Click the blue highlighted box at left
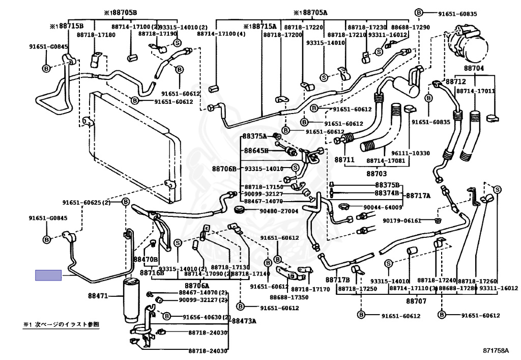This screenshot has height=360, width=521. [48, 275]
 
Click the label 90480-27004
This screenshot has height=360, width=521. [277, 211]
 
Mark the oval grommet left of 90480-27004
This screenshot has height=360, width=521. [239, 209]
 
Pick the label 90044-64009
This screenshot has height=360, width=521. [383, 207]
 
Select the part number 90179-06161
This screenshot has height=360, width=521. [402, 220]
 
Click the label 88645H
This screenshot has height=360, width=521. [256, 151]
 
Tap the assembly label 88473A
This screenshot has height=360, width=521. [244, 321]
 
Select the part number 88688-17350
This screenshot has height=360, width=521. [289, 296]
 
